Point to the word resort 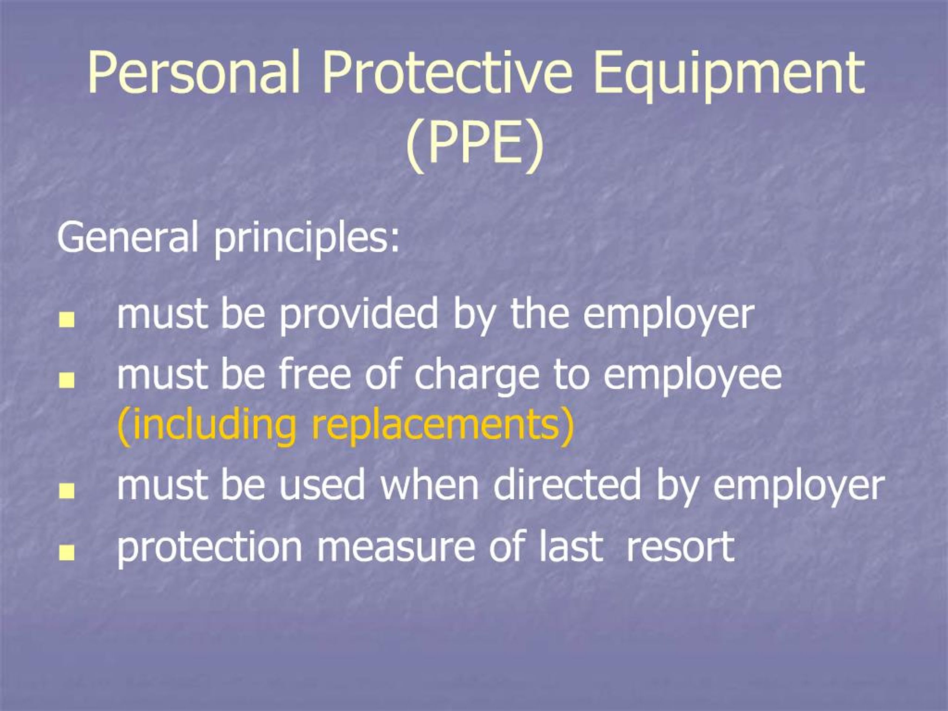[681, 548]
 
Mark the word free [315, 375]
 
